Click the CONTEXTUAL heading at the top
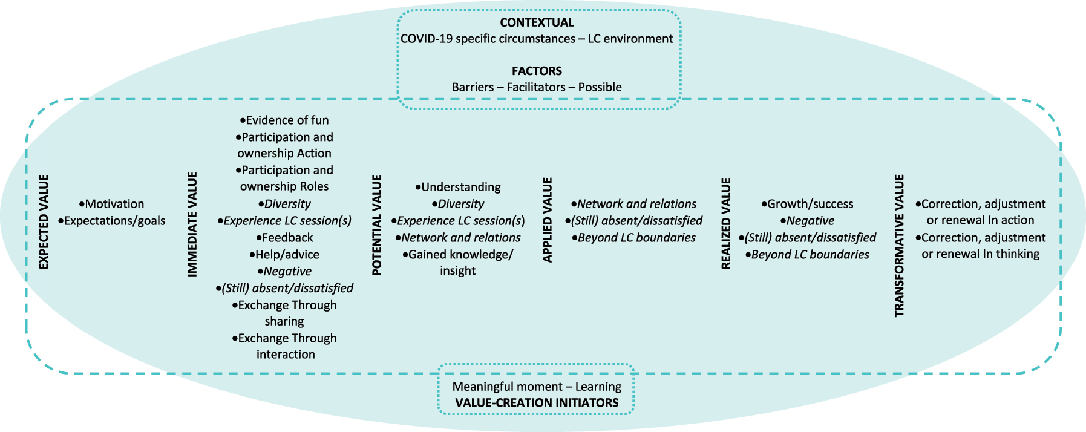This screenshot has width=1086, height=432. pyautogui.click(x=537, y=22)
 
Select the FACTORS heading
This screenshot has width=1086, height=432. pyautogui.click(x=537, y=71)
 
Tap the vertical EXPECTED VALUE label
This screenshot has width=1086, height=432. pyautogui.click(x=44, y=221)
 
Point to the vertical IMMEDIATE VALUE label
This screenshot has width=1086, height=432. pyautogui.click(x=192, y=224)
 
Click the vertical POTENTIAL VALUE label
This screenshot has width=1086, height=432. pyautogui.click(x=377, y=225)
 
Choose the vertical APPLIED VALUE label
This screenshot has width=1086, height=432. pyautogui.click(x=548, y=220)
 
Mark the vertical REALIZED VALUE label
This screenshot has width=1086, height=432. pyautogui.click(x=726, y=223)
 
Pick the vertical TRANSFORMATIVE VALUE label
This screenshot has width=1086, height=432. pyautogui.click(x=900, y=245)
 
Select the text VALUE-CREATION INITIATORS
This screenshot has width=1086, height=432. pyautogui.click(x=537, y=403)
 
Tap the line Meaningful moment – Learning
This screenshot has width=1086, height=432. pyautogui.click(x=537, y=387)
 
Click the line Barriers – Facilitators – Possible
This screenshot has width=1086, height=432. pyautogui.click(x=537, y=87)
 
